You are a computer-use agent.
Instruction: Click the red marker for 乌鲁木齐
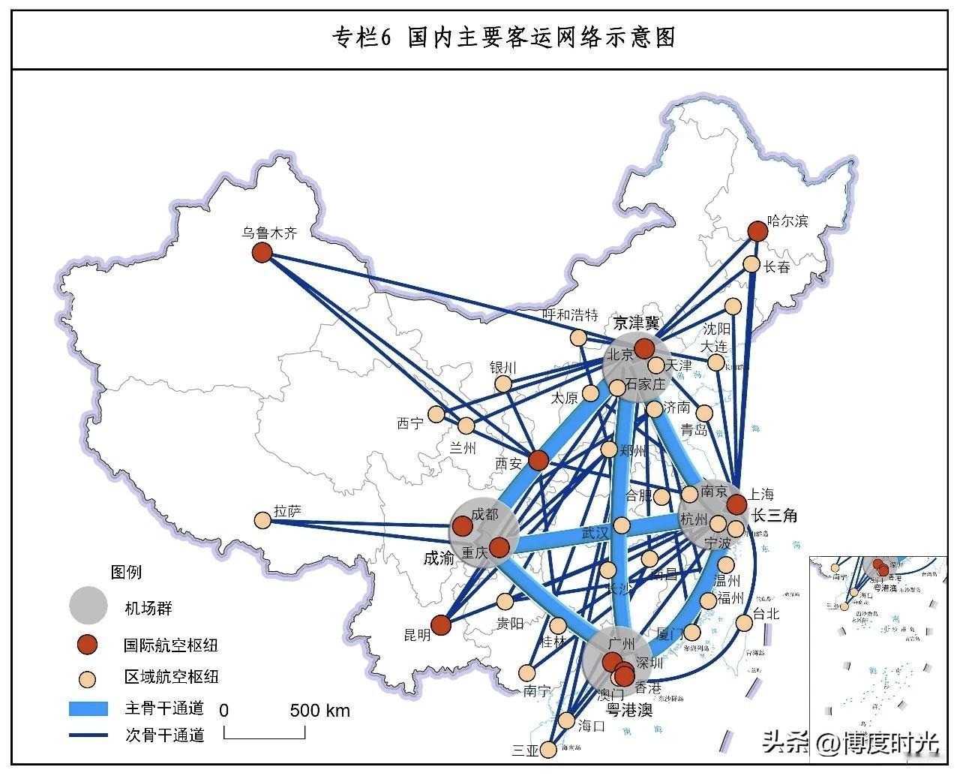tap(262, 252)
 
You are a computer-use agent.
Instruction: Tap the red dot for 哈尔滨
tap(758, 230)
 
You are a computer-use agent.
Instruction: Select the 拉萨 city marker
tap(262, 520)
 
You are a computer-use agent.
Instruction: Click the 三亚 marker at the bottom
tap(549, 750)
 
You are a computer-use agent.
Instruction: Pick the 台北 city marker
tap(744, 623)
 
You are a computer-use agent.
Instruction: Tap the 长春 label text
tap(777, 267)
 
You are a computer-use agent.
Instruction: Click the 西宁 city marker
tap(436, 414)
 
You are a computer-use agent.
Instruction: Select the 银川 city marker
tap(503, 384)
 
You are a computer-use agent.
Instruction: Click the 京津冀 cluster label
tap(637, 323)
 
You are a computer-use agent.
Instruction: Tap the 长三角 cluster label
tap(775, 516)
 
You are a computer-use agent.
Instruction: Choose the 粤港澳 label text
tap(629, 710)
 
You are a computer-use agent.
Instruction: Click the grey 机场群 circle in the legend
tap(88, 605)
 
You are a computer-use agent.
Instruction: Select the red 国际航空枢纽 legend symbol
tap(88, 644)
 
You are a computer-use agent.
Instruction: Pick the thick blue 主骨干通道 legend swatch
tap(89, 708)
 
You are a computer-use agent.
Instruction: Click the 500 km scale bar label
tap(319, 711)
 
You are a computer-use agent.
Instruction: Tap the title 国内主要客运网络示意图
tap(504, 38)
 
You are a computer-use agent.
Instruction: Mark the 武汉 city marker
tap(621, 525)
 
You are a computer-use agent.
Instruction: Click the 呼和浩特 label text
tap(571, 315)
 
